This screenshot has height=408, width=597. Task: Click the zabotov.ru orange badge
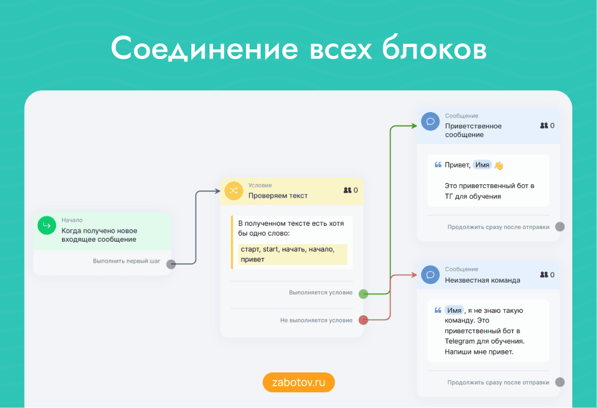(298, 383)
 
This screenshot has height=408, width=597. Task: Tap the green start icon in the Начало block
(46, 225)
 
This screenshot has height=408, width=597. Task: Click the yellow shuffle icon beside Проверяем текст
(234, 190)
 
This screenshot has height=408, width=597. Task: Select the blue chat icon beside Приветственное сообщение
(430, 121)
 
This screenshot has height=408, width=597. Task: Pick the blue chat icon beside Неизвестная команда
(430, 275)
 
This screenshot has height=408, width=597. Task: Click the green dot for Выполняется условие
(363, 294)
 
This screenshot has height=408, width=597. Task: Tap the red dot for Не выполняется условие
(363, 320)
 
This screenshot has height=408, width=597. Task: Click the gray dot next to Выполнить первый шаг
(171, 263)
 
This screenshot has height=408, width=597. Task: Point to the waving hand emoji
(498, 165)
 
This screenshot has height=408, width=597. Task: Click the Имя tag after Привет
(482, 165)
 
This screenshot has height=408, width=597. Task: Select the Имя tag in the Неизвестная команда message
(454, 310)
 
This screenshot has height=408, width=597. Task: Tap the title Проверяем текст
(277, 195)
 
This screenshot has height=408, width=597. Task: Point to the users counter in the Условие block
(350, 190)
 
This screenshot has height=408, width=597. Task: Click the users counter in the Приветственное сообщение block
(547, 125)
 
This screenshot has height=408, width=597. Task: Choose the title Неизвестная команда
(482, 280)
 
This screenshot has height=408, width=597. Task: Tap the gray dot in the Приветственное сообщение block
(560, 227)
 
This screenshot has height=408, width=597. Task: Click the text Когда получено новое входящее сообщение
(99, 235)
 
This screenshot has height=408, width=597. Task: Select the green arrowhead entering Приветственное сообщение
(413, 126)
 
